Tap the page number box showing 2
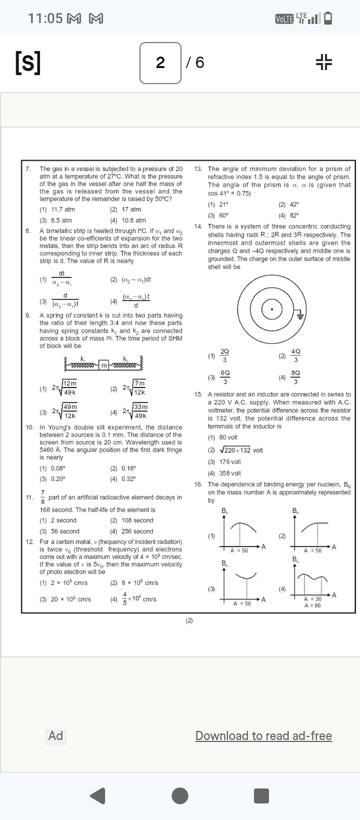coord(161,62)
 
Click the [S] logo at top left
coord(28,62)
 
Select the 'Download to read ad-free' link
coord(263,736)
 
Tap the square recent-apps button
coord(262,796)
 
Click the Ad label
coord(56,736)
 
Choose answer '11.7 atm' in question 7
coord(62,210)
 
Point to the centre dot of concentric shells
coord(272,309)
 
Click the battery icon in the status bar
coord(328,19)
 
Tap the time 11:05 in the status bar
coord(45,19)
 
